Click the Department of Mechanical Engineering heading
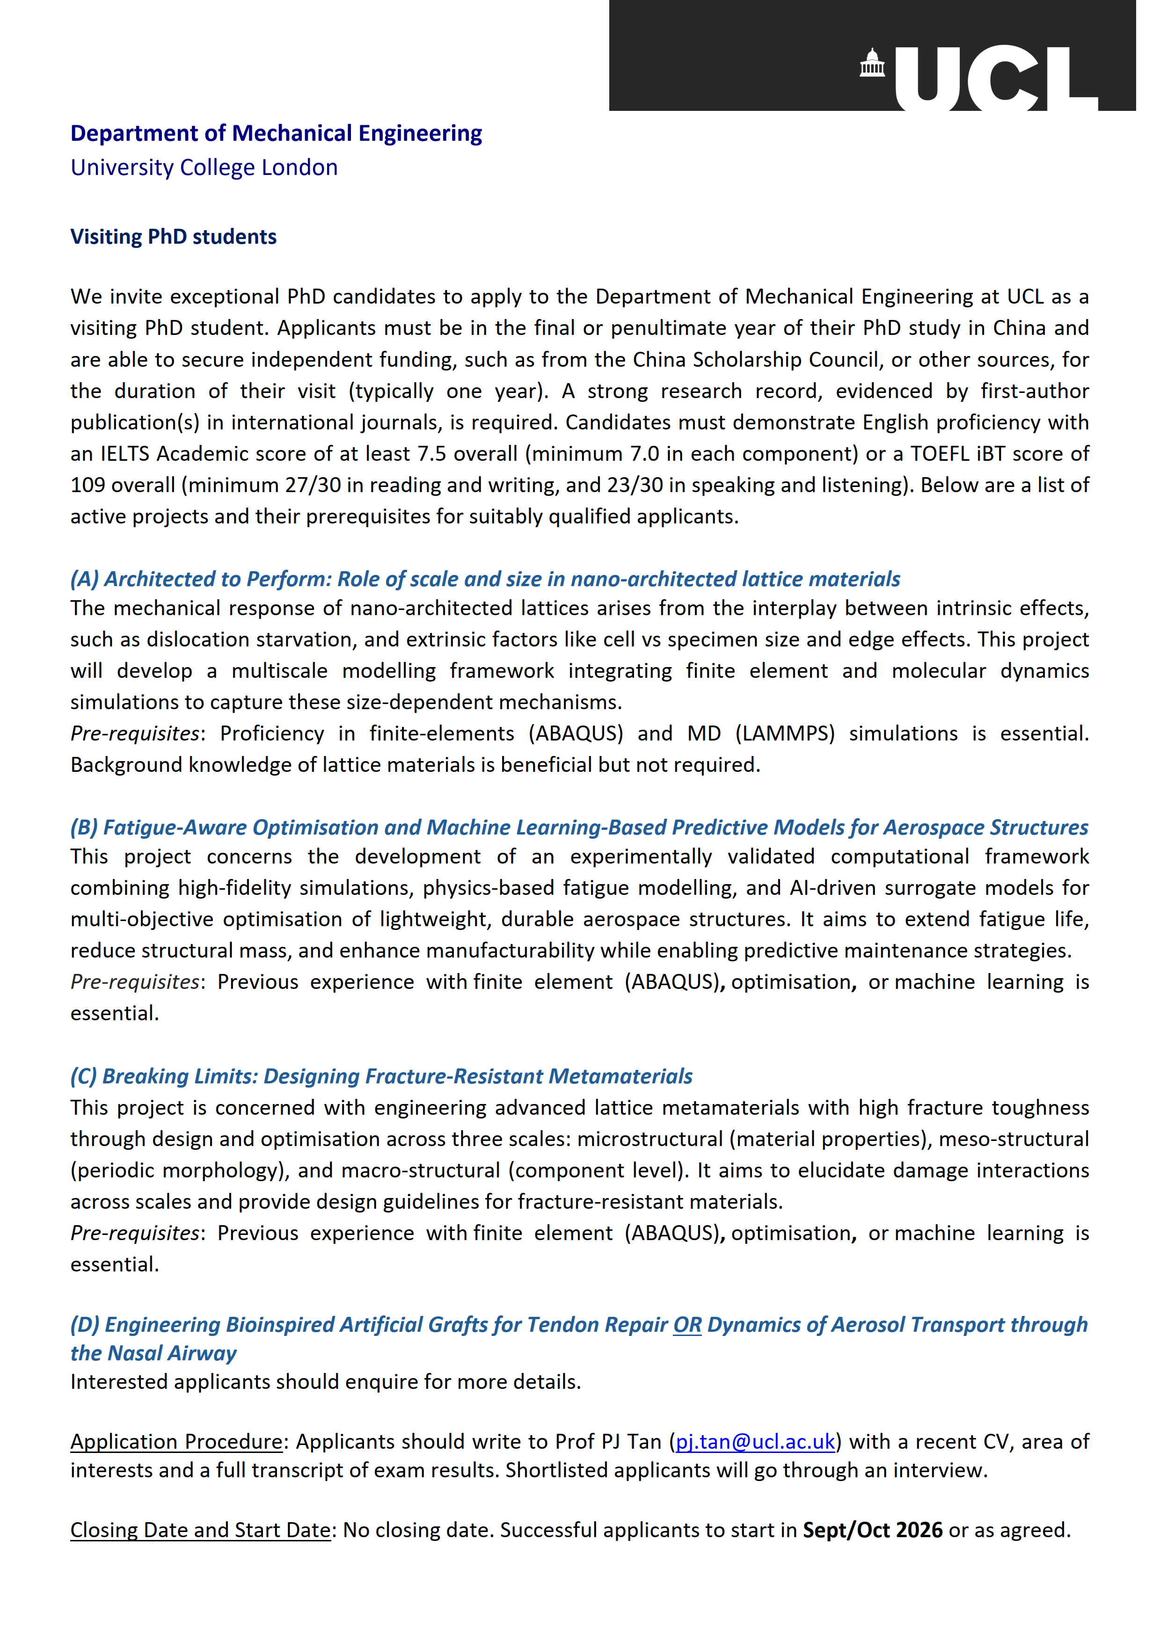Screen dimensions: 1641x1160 [x=276, y=134]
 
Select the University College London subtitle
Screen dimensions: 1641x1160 [x=204, y=168]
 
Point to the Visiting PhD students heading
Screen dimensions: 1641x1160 [x=173, y=237]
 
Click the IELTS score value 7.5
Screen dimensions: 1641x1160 [x=432, y=454]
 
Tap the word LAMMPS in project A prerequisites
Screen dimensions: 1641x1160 [x=785, y=734]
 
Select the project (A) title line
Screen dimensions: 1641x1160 [x=485, y=579]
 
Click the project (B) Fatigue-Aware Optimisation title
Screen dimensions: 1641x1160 [x=579, y=828]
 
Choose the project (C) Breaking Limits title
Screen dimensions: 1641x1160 [x=381, y=1076]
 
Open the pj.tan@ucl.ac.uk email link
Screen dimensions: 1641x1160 [x=755, y=1442]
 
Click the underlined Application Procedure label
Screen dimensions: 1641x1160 [x=176, y=1442]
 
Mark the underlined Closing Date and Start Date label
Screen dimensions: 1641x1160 [x=200, y=1530]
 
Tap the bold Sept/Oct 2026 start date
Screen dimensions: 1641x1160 [x=872, y=1530]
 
